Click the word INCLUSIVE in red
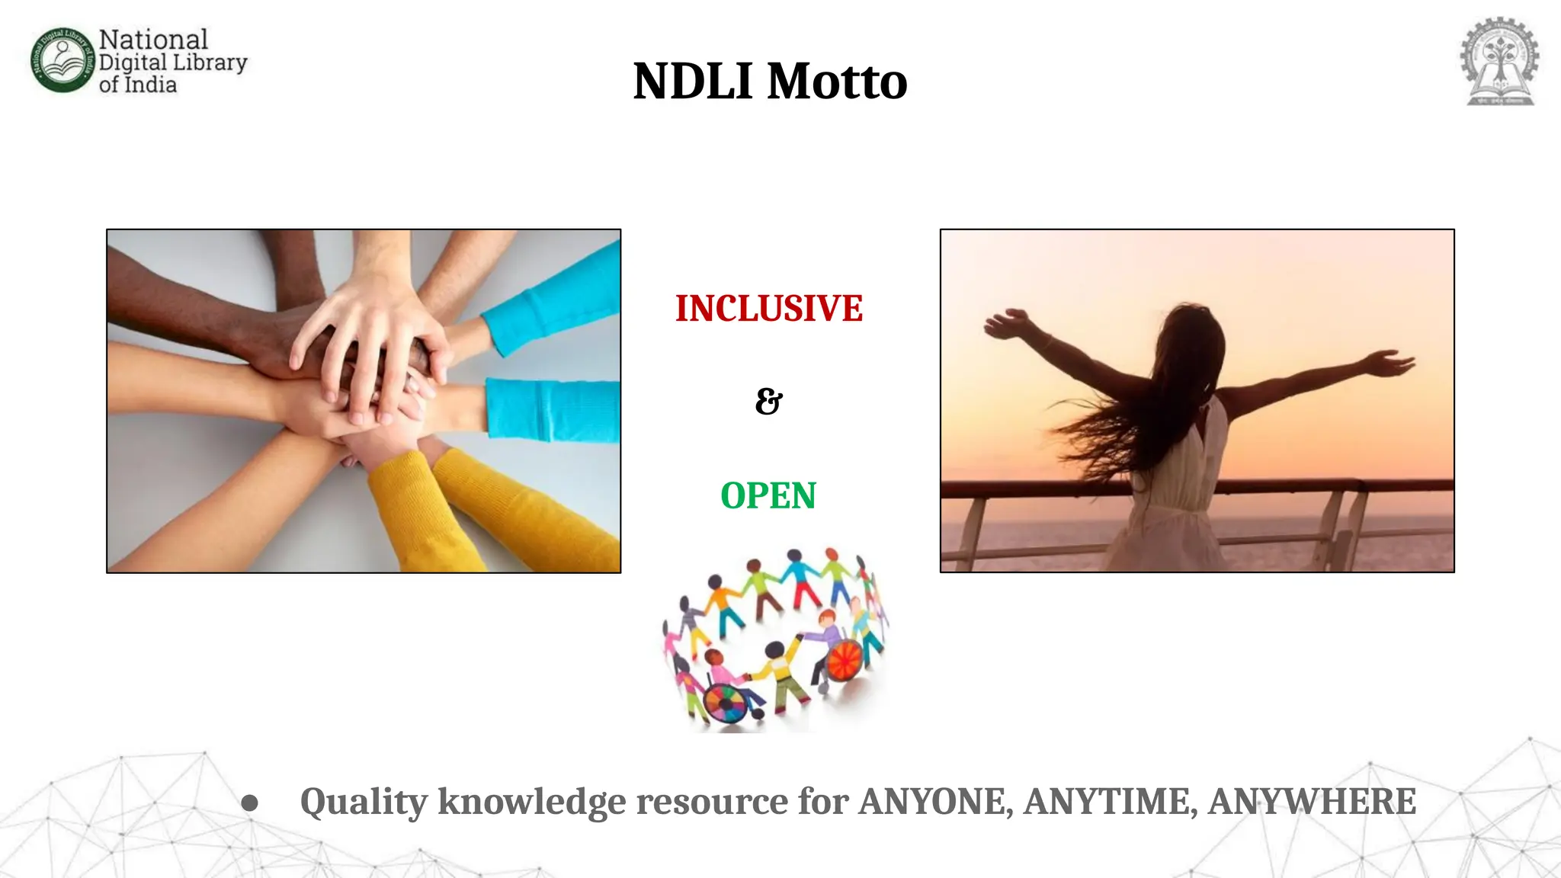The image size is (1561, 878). (768, 309)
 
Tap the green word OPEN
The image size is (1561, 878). (768, 496)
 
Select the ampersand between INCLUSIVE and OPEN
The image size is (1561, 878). (768, 401)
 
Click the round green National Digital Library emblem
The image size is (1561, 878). (63, 61)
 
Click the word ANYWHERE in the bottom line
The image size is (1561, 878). (1312, 802)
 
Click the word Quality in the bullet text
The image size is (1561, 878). (364, 802)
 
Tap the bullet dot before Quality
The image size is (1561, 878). (249, 803)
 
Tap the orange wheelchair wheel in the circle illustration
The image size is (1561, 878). (844, 659)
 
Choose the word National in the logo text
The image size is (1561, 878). (153, 40)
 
